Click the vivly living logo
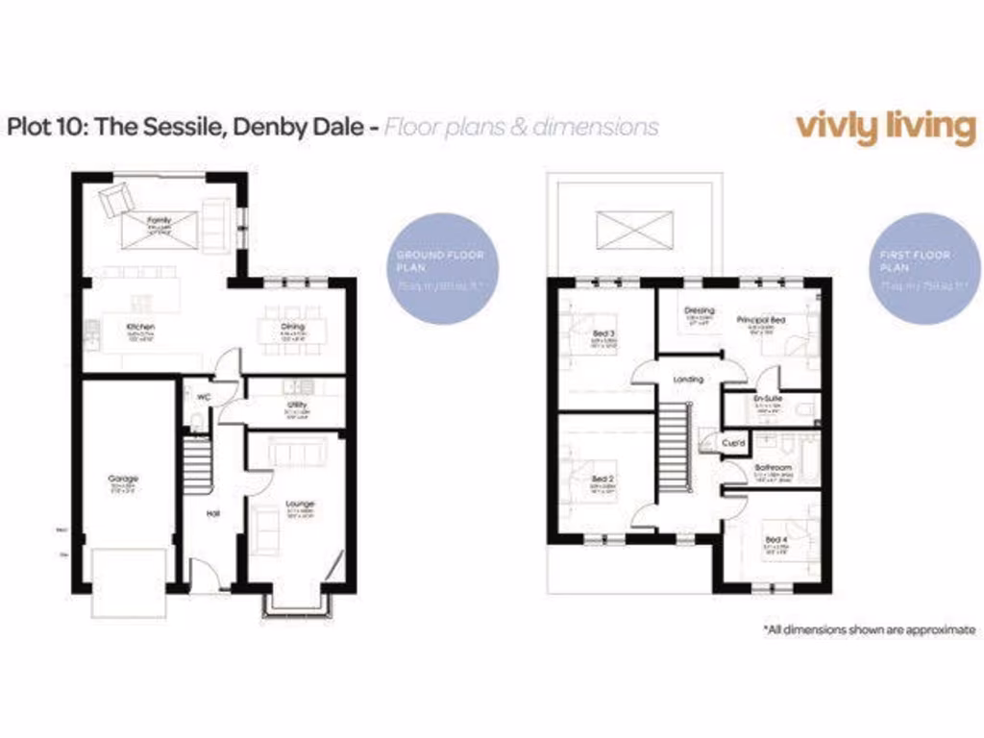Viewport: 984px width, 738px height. (x=885, y=127)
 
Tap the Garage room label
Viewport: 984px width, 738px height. (x=123, y=478)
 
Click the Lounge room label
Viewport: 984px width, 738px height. (x=299, y=503)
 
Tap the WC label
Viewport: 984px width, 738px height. (x=204, y=396)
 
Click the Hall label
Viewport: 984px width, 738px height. (x=213, y=512)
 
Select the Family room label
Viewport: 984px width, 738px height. (x=159, y=220)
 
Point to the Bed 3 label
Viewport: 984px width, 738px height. (x=603, y=332)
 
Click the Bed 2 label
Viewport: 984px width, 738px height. (x=603, y=478)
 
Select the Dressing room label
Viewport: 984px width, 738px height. (x=699, y=310)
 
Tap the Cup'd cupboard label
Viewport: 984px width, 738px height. (x=730, y=443)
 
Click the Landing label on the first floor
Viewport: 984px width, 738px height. (x=689, y=380)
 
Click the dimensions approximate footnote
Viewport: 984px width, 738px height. (x=870, y=630)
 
